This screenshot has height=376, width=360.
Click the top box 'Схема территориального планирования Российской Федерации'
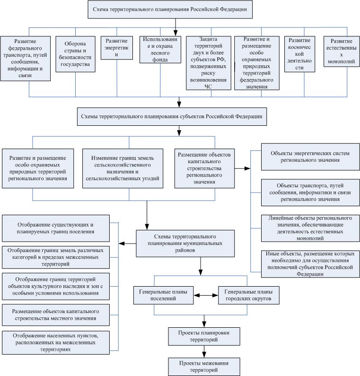170,9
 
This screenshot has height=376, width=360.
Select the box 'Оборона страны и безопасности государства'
75,54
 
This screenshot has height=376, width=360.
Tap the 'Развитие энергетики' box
116,48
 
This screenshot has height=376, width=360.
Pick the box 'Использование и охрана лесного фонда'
160,49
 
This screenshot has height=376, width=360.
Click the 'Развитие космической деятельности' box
299,54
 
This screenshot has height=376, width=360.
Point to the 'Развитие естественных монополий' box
342,52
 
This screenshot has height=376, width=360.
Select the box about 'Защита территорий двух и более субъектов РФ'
209,63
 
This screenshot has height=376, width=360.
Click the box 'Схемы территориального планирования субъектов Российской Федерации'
172,116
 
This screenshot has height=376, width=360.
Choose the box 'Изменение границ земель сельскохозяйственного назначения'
123,168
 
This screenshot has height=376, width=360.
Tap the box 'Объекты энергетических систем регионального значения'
310,157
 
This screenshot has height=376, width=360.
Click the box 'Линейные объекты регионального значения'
310,228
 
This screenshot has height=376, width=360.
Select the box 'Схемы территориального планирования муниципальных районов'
185,244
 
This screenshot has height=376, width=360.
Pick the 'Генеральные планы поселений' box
163,295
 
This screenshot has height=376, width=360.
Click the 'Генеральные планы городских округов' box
248,295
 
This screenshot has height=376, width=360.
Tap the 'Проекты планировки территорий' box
204,336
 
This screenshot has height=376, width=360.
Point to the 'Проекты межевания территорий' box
204,367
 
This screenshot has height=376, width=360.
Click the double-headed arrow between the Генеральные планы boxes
206,296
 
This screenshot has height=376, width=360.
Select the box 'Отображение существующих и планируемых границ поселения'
56,228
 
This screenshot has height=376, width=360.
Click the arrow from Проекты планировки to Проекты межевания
204,351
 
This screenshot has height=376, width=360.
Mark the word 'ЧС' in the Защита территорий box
208,87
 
